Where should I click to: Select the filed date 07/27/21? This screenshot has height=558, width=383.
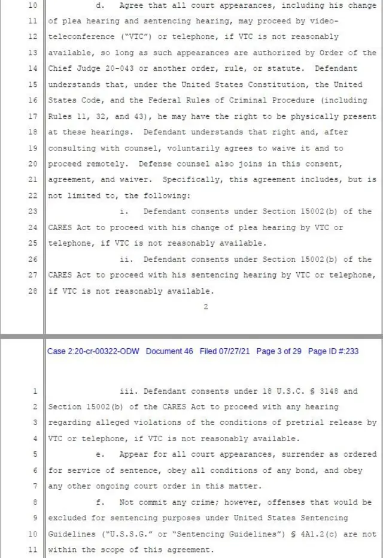pyautogui.click(x=234, y=351)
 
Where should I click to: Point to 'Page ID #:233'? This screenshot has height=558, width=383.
pyautogui.click(x=333, y=351)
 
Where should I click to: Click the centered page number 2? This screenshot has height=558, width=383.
pyautogui.click(x=205, y=307)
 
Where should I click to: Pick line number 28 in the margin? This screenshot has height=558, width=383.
pyautogui.click(x=33, y=291)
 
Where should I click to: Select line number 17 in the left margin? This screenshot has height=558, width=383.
pyautogui.click(x=33, y=116)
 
